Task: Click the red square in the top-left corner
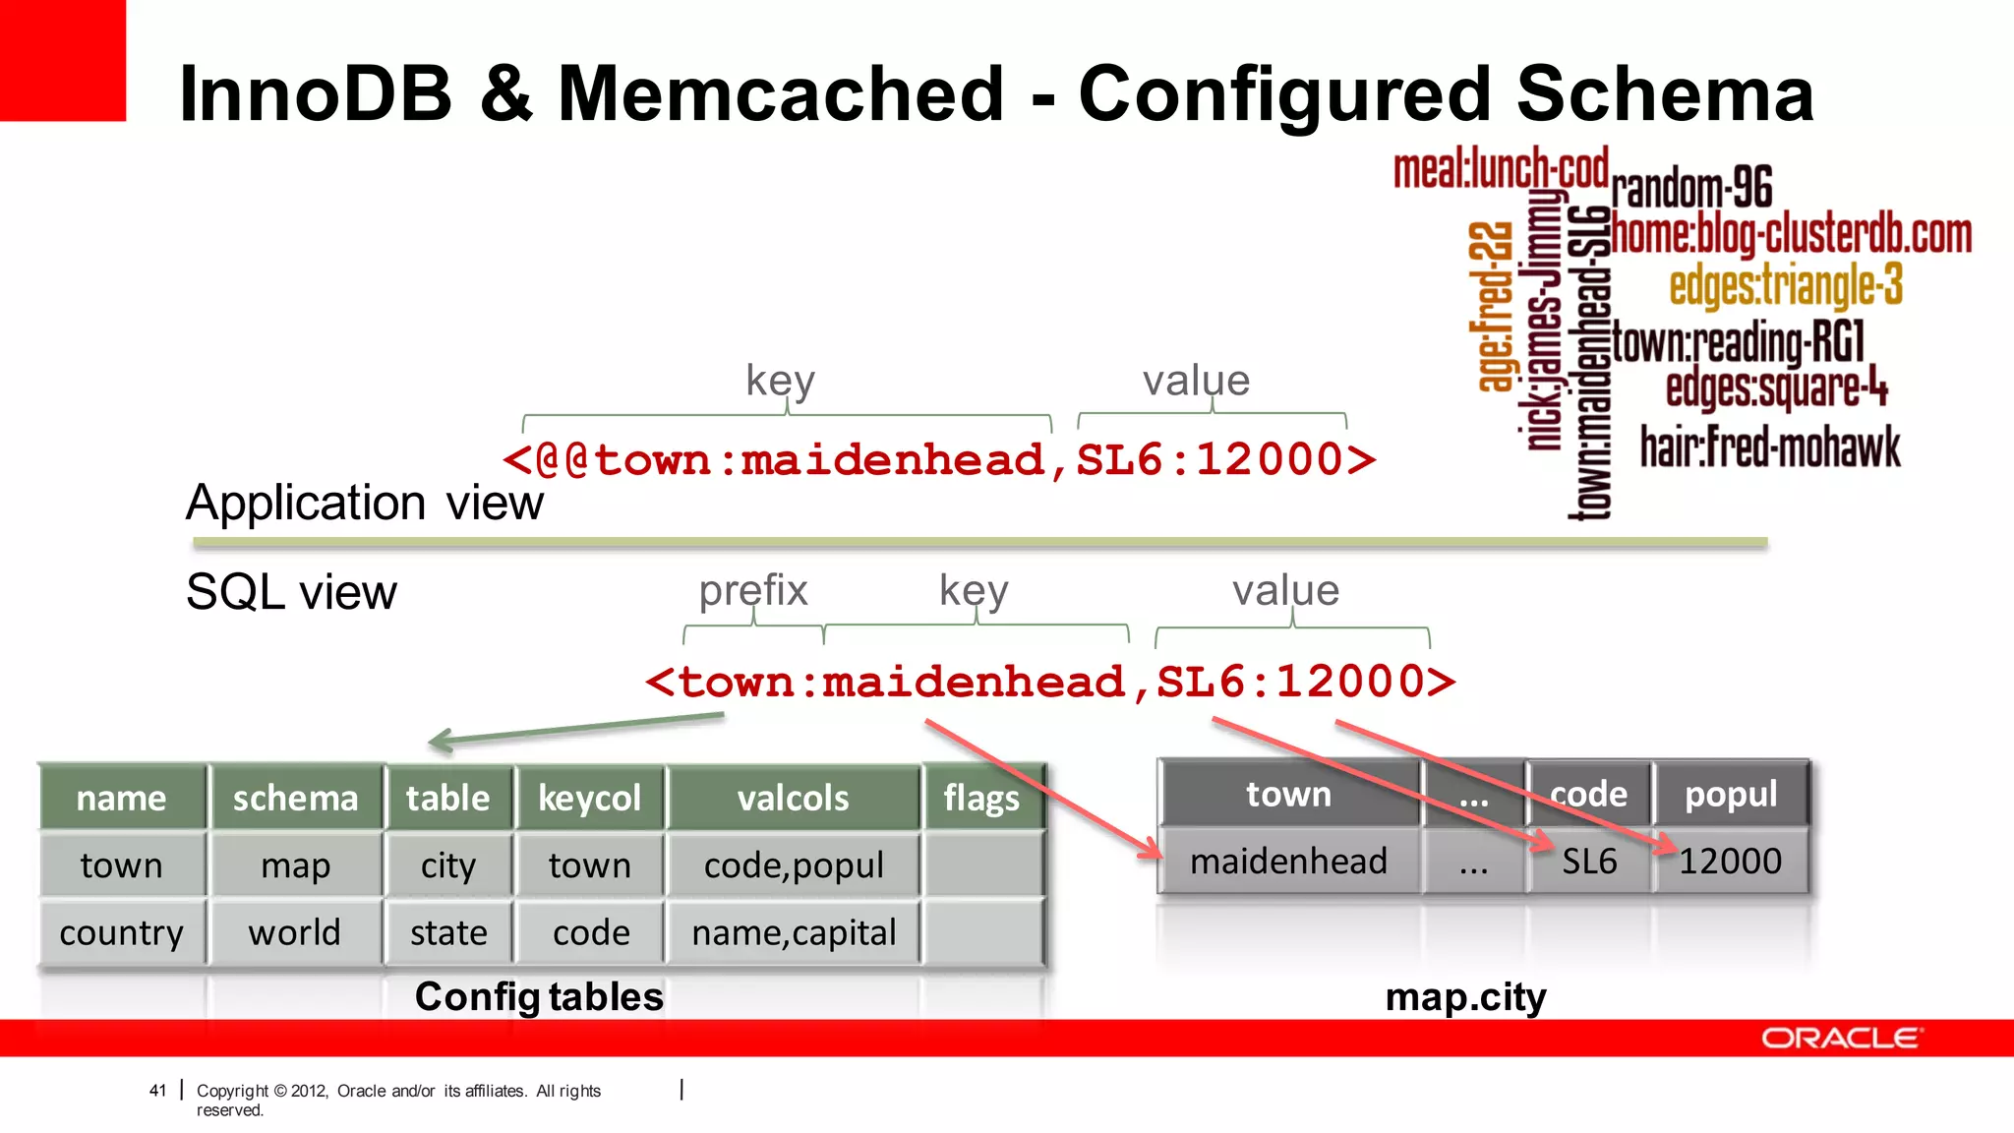coord(62,59)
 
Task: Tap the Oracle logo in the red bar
coord(1840,1039)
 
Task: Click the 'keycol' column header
coord(589,798)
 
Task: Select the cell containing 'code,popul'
coord(794,865)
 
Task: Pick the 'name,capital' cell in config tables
coord(794,932)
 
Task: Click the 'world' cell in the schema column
coord(295,932)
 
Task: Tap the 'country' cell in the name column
coord(122,932)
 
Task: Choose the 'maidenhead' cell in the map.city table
coord(1288,862)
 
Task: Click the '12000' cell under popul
coord(1730,862)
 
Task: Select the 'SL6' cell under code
coord(1589,862)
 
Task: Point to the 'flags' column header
coord(981,798)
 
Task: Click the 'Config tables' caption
coord(539,997)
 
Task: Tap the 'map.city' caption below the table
coord(1465,997)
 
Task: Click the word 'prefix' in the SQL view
coord(753,590)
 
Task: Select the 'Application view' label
coord(364,503)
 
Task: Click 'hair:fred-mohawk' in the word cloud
coord(1770,447)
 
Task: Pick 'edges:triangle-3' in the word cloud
coord(1786,285)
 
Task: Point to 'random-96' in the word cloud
coord(1691,187)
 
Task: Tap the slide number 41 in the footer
coord(157,1090)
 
